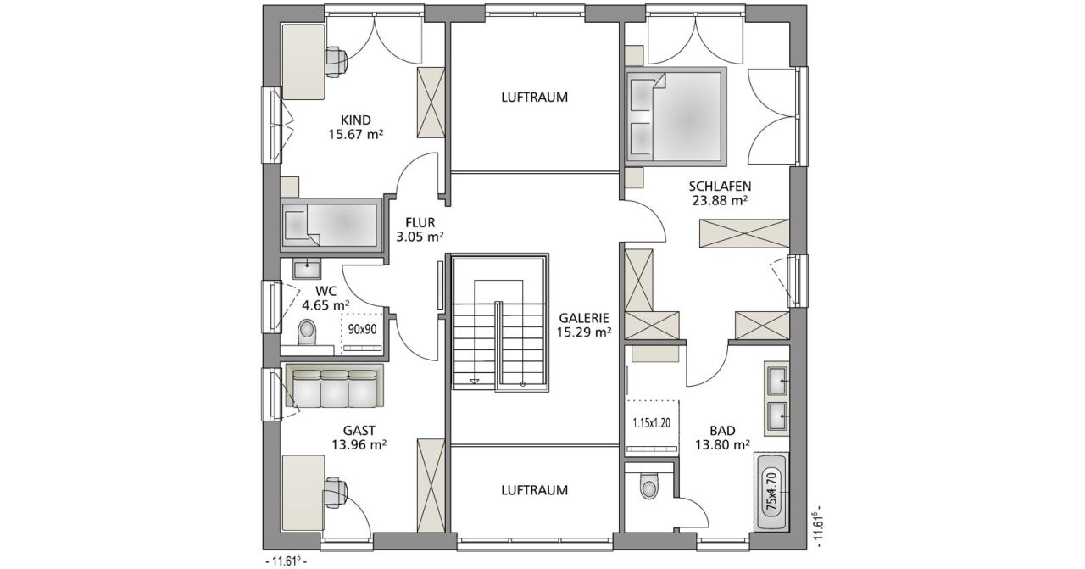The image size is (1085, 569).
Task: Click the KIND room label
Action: pyautogui.click(x=356, y=120)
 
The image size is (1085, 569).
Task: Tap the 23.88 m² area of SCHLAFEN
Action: pyautogui.click(x=720, y=200)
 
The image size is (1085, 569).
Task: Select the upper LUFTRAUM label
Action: pyautogui.click(x=534, y=97)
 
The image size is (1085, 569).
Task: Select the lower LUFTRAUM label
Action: pyautogui.click(x=534, y=490)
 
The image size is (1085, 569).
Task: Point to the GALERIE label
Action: pyautogui.click(x=584, y=318)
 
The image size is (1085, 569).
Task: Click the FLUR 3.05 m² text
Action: pyautogui.click(x=420, y=230)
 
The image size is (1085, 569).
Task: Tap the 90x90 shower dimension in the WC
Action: pyautogui.click(x=362, y=330)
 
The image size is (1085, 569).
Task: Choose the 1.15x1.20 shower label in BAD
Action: pyautogui.click(x=652, y=422)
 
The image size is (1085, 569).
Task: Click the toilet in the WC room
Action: pyautogui.click(x=307, y=332)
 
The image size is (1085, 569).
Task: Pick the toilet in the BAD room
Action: pyautogui.click(x=648, y=486)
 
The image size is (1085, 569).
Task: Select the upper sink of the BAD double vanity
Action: pyautogui.click(x=776, y=381)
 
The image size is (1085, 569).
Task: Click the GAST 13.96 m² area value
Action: pyautogui.click(x=359, y=444)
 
